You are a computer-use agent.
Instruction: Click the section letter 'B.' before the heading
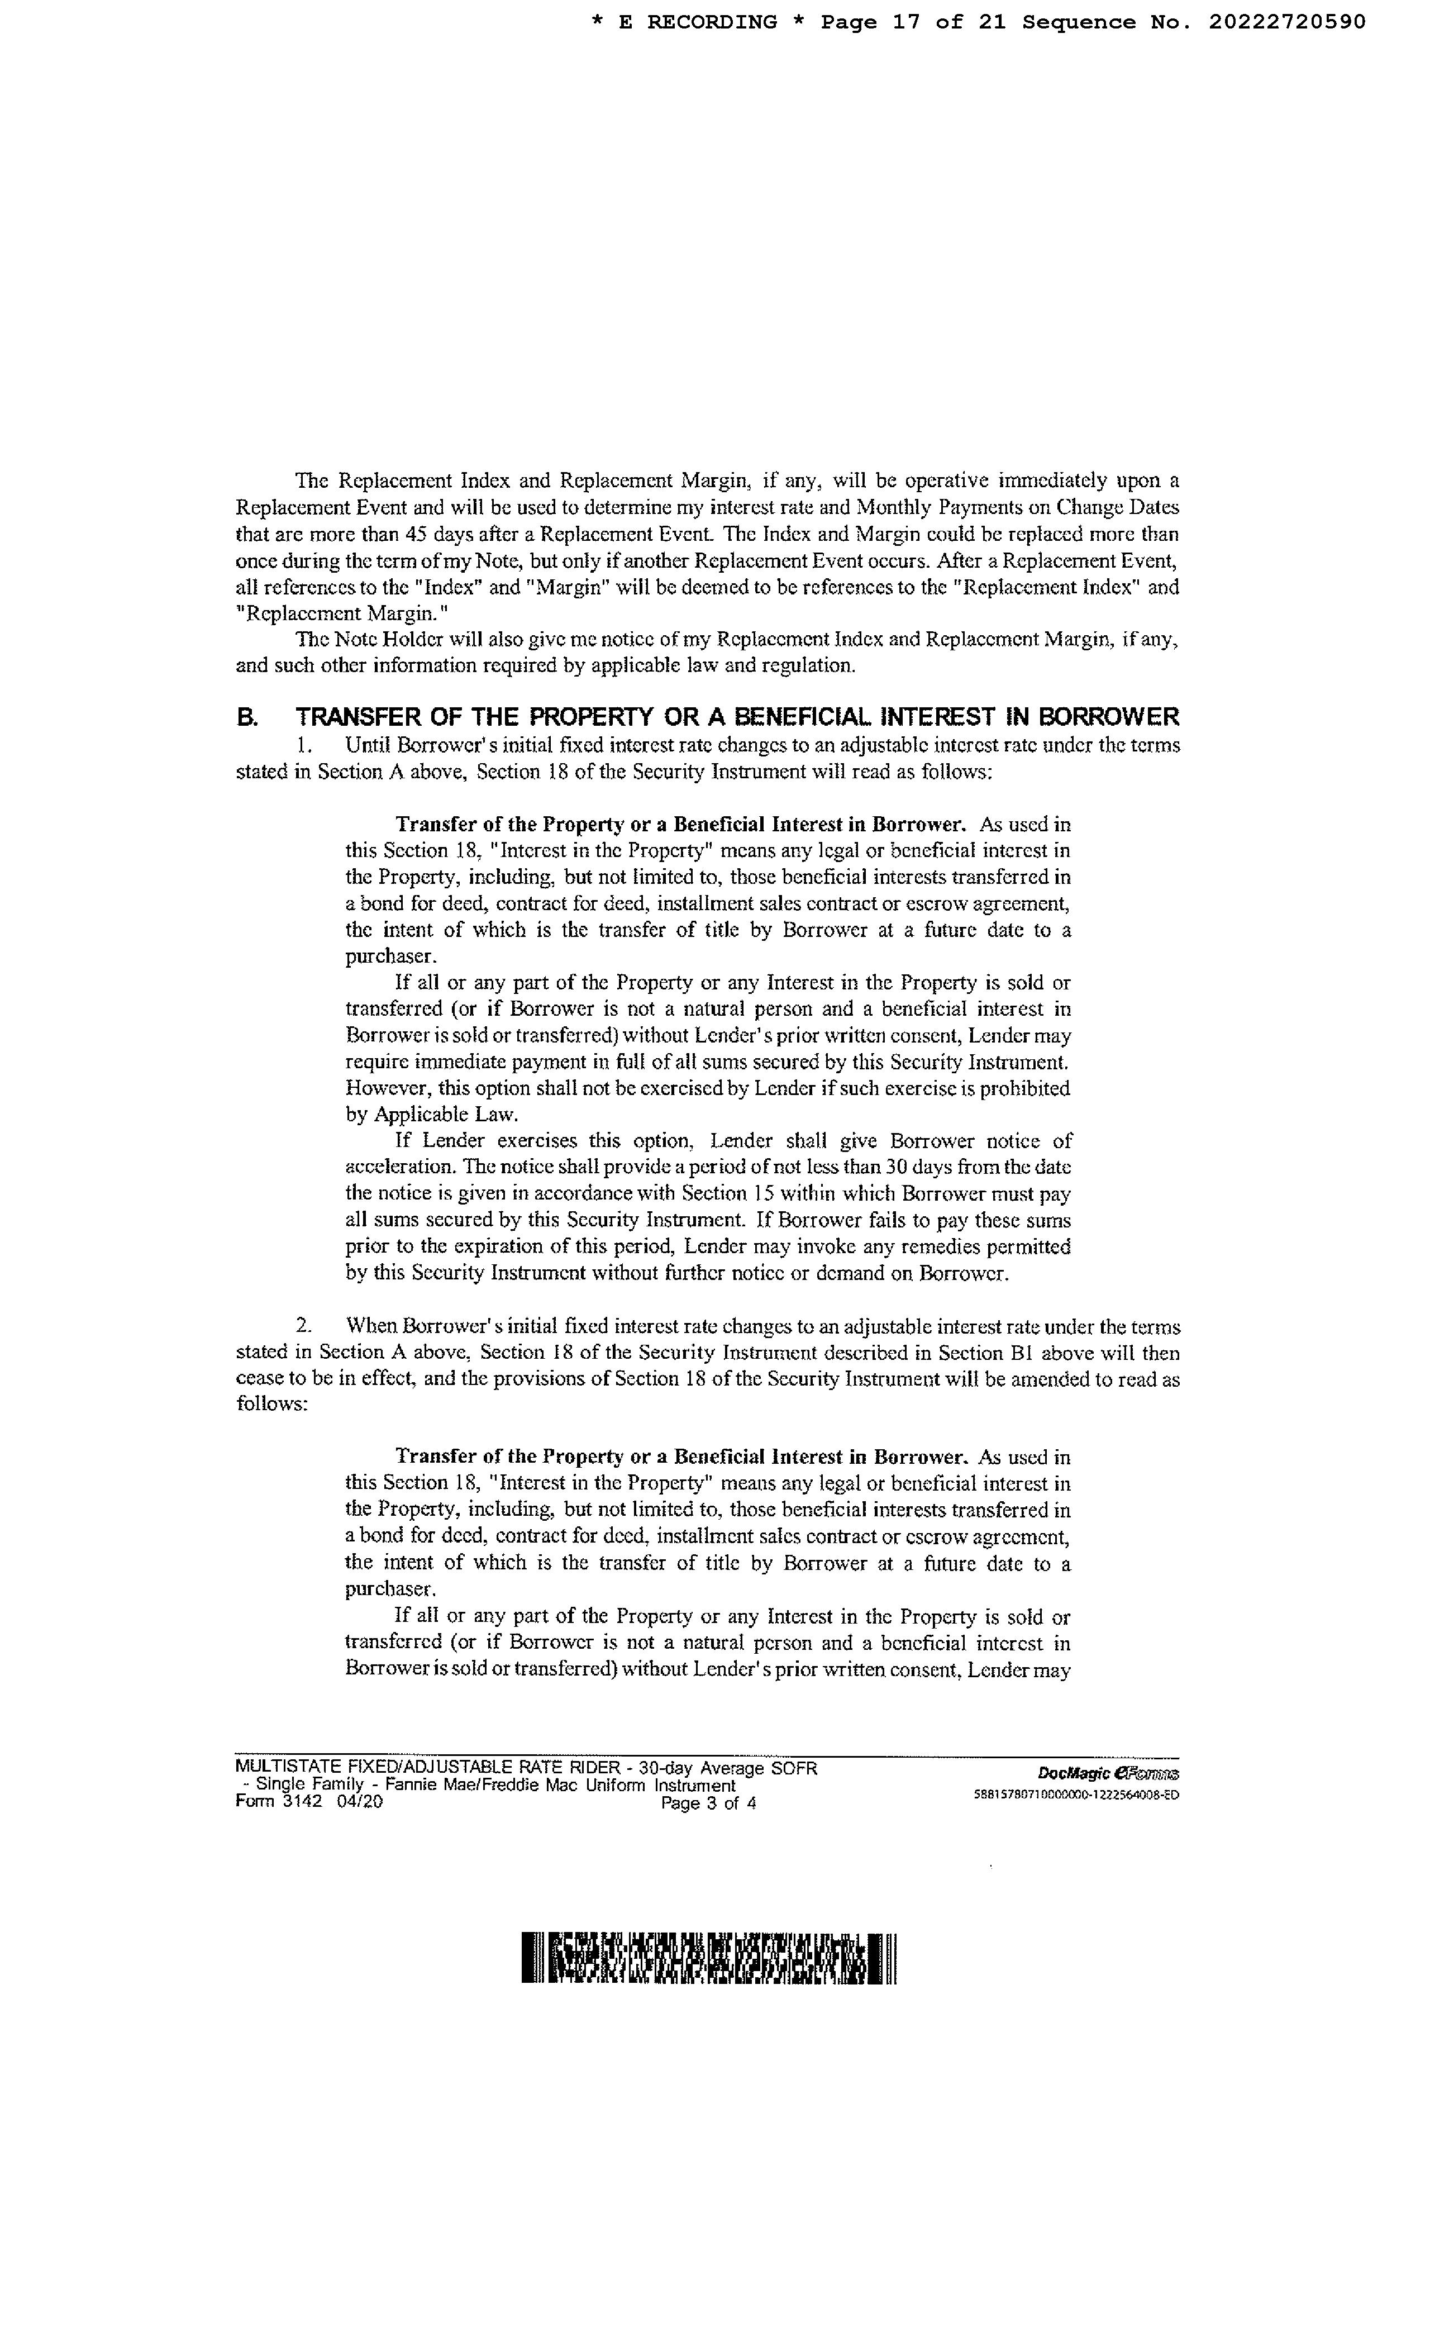coord(247,717)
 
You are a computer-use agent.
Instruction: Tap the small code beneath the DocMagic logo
coord(1076,1794)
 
